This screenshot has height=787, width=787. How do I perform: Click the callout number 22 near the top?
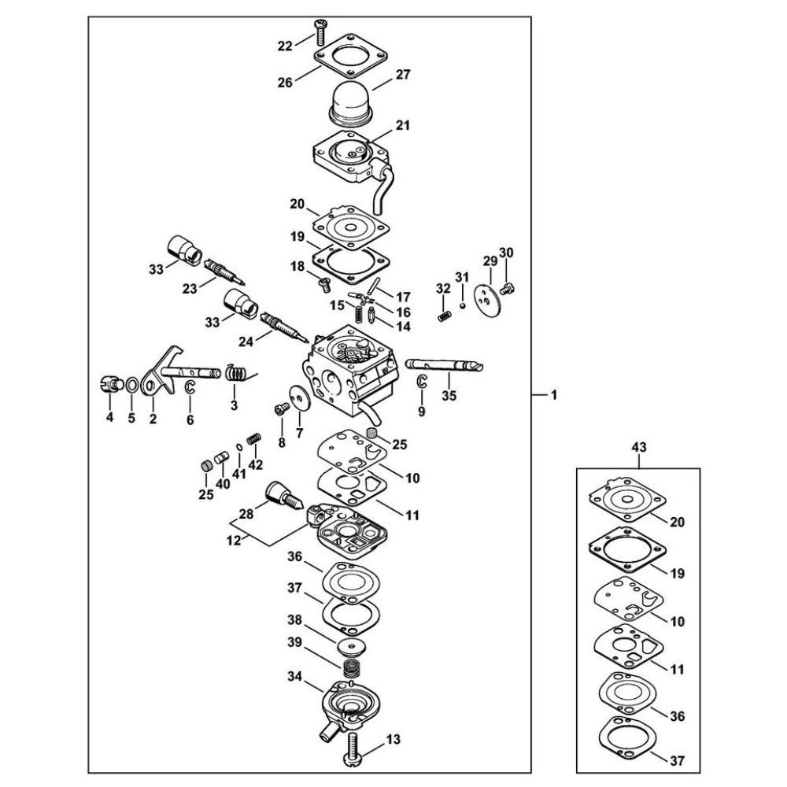(x=285, y=46)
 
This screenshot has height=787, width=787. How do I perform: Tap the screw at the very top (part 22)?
(x=320, y=30)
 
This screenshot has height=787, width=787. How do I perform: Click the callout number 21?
(x=402, y=125)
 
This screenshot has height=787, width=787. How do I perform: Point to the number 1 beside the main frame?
(x=554, y=396)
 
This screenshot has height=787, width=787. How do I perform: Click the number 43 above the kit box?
(x=639, y=447)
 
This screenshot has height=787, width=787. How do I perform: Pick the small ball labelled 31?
(x=462, y=305)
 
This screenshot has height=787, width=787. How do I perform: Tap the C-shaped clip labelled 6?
(x=190, y=387)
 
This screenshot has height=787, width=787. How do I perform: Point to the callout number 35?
(x=449, y=396)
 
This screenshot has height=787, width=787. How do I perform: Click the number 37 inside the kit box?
(x=677, y=761)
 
